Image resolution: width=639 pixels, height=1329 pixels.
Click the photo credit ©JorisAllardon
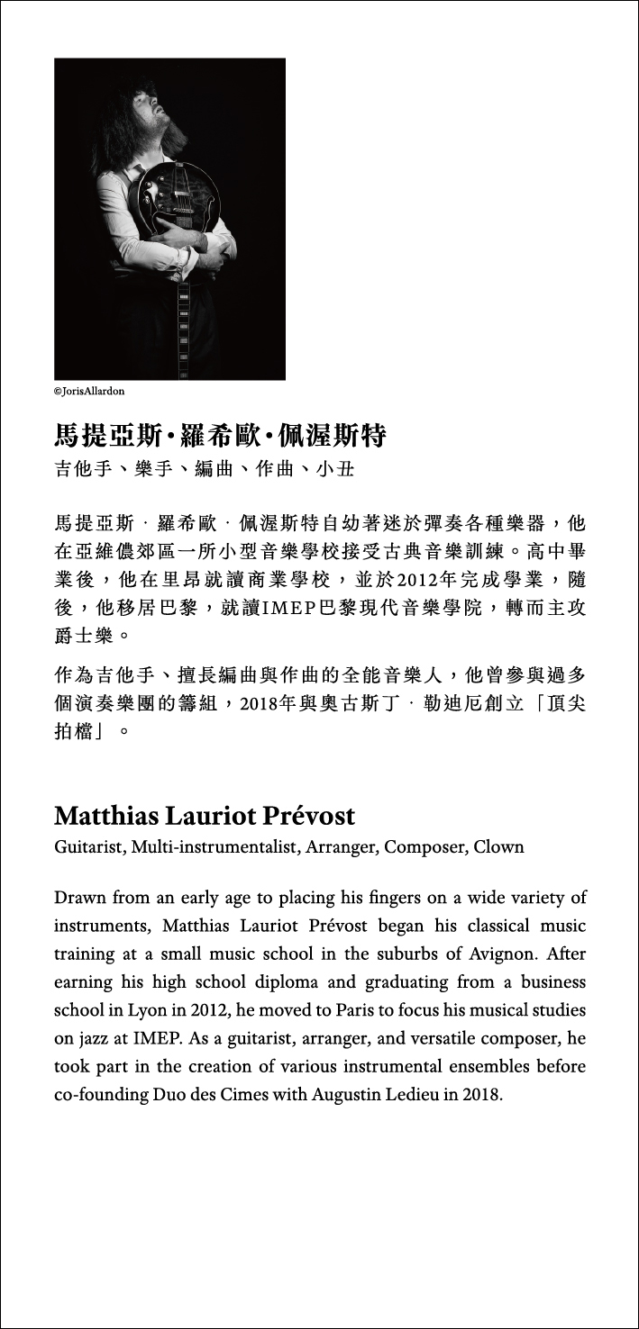tap(89, 392)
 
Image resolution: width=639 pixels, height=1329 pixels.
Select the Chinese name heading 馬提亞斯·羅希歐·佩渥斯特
tap(220, 438)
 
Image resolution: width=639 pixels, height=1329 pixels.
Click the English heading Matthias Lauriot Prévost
tap(205, 816)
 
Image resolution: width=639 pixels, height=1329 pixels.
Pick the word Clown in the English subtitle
tap(498, 847)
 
